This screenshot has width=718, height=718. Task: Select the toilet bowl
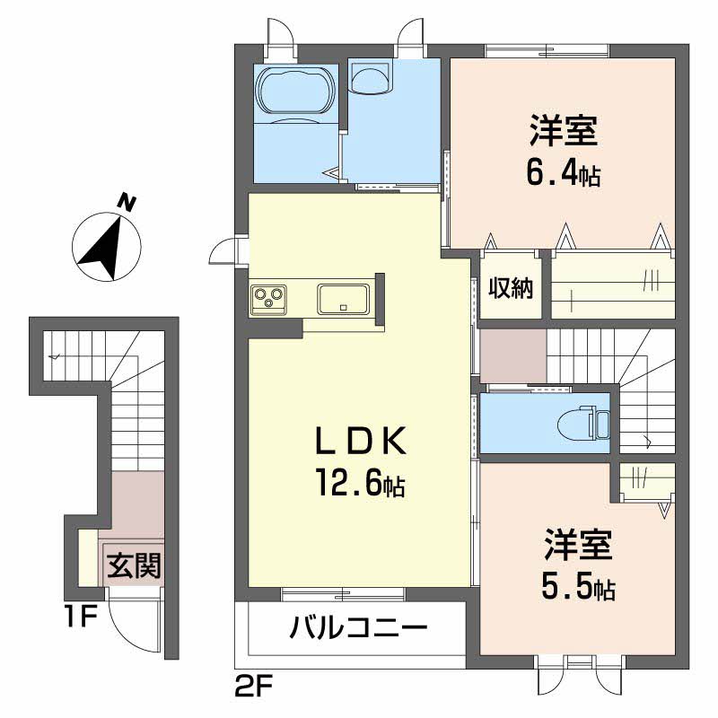(x=578, y=423)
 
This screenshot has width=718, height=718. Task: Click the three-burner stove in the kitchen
(x=268, y=299)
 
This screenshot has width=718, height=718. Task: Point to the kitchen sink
(x=343, y=299)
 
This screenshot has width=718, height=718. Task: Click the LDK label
(x=361, y=441)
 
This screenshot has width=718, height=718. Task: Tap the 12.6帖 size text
(x=360, y=483)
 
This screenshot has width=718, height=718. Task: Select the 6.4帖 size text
(x=564, y=173)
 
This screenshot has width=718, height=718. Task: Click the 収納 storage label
(x=510, y=288)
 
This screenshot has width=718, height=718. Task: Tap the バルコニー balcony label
(x=358, y=626)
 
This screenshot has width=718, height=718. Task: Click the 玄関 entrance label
(x=134, y=565)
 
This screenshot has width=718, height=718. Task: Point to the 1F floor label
(x=81, y=617)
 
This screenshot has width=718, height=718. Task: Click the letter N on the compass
(x=127, y=203)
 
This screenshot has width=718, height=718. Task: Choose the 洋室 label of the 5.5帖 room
(x=578, y=545)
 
